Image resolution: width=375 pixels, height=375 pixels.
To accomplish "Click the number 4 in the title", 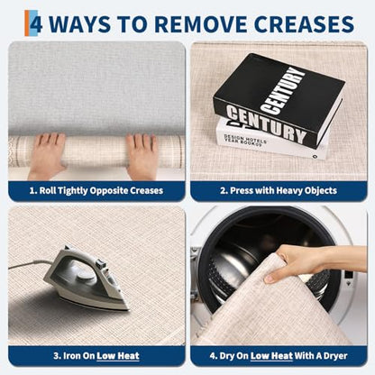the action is [36, 24].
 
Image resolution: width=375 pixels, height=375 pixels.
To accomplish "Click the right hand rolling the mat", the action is [142, 156].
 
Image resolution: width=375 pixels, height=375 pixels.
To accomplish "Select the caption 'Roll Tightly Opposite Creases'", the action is [96, 190].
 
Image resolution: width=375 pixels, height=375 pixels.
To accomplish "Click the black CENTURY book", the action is [277, 100].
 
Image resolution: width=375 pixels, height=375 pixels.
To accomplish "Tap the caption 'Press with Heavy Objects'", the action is [279, 190].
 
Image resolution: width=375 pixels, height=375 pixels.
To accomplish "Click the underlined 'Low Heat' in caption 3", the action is [118, 356].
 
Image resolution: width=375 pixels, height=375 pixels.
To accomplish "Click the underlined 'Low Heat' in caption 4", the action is [271, 356].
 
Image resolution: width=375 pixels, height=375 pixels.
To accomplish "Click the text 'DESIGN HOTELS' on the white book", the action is [245, 139].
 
